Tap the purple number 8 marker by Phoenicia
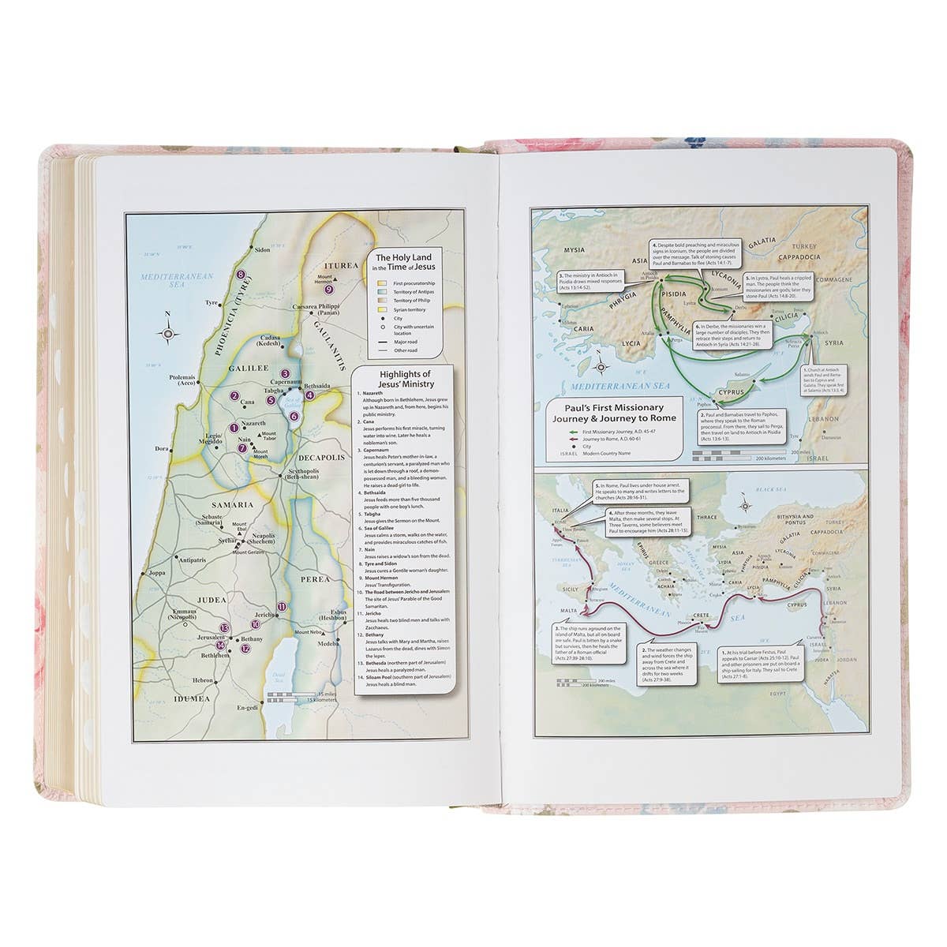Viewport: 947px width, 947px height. tap(241, 275)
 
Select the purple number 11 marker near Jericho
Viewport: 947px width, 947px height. tap(283, 606)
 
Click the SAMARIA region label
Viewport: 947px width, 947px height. tap(230, 503)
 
